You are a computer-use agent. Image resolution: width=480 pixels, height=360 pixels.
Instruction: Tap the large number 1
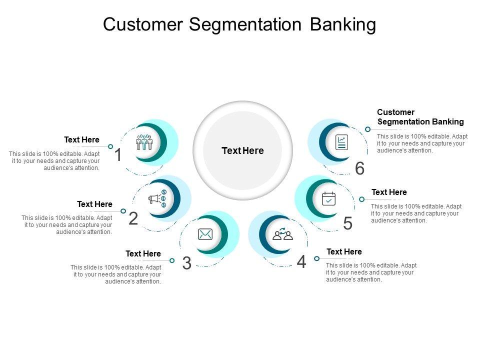[118, 155]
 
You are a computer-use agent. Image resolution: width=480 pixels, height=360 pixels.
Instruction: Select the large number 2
[133, 218]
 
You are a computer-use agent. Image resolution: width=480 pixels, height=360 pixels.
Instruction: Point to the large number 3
[186, 263]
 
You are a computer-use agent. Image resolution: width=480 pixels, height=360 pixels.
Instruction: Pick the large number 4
[301, 261]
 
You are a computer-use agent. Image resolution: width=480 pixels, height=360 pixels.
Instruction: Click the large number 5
[348, 223]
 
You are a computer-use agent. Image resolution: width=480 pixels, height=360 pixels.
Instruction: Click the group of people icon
[144, 142]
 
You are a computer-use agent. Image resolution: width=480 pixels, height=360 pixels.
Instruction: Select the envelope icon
[205, 234]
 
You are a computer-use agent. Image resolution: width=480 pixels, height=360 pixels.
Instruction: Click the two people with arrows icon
[282, 234]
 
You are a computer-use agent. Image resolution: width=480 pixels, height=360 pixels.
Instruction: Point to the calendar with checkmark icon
[328, 198]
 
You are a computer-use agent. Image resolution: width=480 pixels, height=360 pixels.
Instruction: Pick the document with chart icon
[342, 143]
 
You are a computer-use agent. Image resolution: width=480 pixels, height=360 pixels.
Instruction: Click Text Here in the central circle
[242, 150]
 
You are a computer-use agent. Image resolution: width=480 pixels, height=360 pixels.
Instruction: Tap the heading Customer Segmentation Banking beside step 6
[420, 117]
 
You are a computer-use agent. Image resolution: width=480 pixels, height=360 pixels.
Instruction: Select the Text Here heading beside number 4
[344, 251]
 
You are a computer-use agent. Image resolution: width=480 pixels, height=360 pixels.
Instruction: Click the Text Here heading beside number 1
[81, 139]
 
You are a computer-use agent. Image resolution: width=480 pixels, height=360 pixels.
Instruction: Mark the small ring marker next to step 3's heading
[172, 260]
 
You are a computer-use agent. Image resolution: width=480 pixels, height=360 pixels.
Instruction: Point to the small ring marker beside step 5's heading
[362, 199]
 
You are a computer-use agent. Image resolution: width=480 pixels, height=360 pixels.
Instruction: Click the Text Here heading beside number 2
[94, 204]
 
